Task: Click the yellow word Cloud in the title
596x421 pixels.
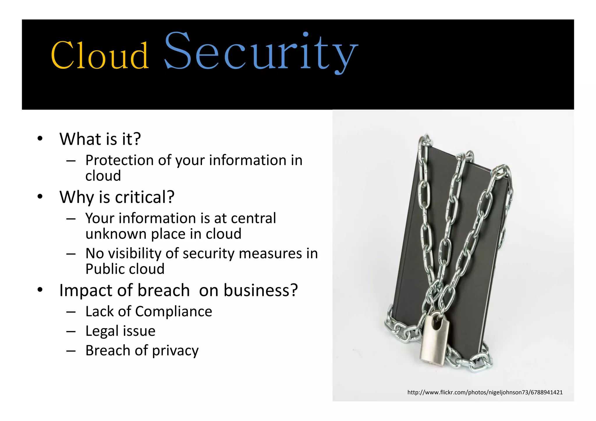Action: point(100,55)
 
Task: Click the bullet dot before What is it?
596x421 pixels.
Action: point(40,138)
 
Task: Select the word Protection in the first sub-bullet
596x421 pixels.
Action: point(119,160)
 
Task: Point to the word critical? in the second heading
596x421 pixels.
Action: point(145,197)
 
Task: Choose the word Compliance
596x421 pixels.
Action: point(173,312)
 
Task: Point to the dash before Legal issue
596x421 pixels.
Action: point(71,331)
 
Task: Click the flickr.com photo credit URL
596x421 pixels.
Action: point(485,393)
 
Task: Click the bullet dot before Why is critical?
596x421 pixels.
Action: point(40,197)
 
